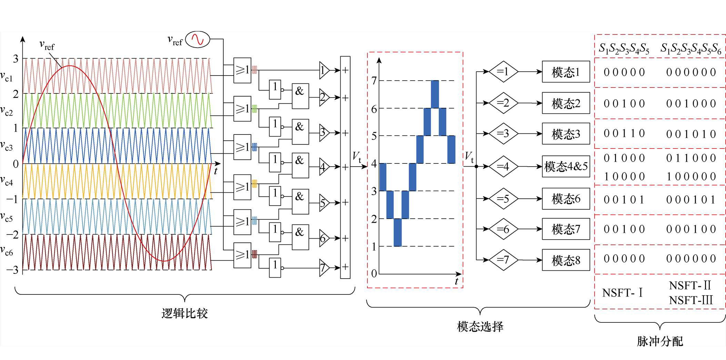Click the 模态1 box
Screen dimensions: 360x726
click(566, 72)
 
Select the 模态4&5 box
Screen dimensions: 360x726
click(566, 167)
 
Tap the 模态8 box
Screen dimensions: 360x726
click(566, 260)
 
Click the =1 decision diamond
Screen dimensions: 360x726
click(503, 72)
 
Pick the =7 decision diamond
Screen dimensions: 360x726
click(503, 260)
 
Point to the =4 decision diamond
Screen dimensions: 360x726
click(503, 167)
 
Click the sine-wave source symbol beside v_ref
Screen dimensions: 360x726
click(198, 39)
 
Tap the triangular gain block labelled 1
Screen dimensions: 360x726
click(324, 70)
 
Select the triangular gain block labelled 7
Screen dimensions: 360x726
click(324, 268)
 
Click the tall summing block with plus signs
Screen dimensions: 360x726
click(345, 167)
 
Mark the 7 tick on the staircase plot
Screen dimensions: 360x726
click(374, 81)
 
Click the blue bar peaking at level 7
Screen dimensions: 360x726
click(435, 94)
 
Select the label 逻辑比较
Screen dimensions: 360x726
click(185, 313)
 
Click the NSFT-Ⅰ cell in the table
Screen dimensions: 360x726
click(623, 293)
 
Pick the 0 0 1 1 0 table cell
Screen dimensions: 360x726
click(624, 133)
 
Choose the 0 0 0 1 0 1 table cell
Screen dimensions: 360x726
click(691, 200)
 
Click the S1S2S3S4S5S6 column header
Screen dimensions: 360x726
click(691, 49)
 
